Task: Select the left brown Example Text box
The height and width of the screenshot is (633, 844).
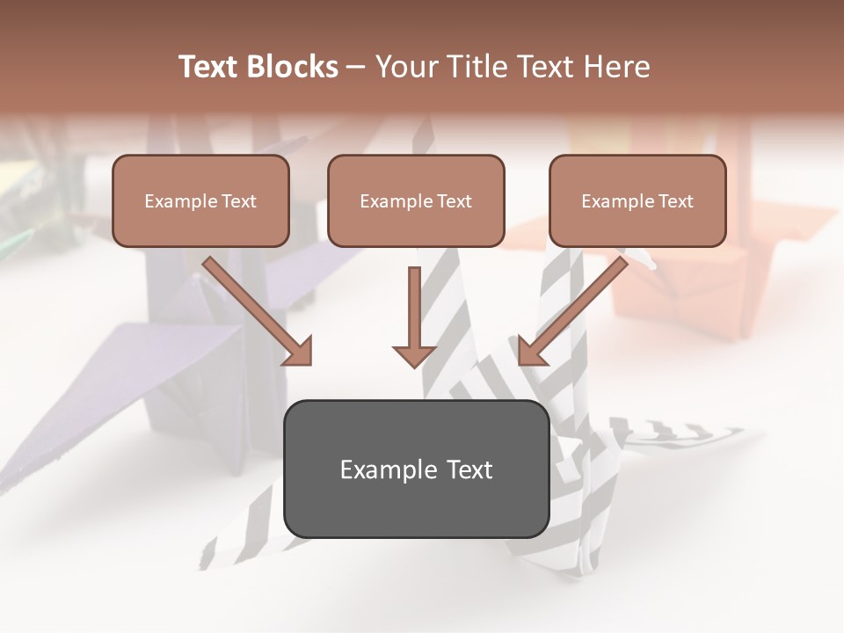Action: pyautogui.click(x=200, y=201)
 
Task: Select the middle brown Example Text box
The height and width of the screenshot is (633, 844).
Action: pyautogui.click(x=416, y=201)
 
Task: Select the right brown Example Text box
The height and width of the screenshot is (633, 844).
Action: pyautogui.click(x=637, y=201)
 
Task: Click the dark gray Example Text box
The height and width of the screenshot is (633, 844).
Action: pyautogui.click(x=416, y=469)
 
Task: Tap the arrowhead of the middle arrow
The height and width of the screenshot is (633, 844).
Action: pyautogui.click(x=414, y=354)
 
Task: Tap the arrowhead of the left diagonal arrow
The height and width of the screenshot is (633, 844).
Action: pyautogui.click(x=299, y=352)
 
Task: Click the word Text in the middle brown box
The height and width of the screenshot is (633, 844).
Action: pyautogui.click(x=454, y=201)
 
